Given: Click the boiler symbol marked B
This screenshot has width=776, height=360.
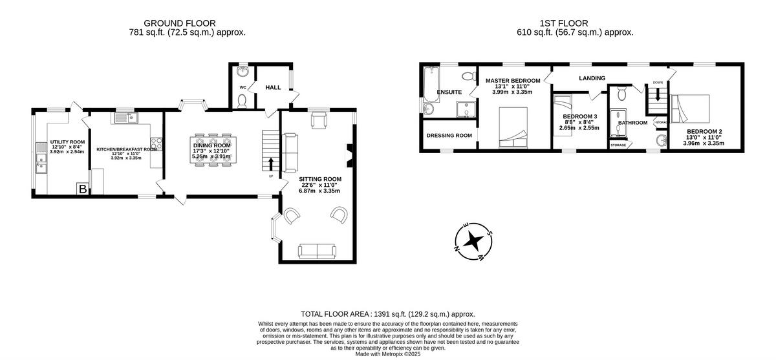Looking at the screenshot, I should click(x=83, y=189).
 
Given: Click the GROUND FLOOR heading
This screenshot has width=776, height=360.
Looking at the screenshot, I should click(x=179, y=23).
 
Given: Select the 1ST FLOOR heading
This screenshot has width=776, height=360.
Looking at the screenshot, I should click(x=575, y=23).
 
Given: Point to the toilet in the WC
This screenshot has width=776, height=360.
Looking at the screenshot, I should click(x=242, y=100).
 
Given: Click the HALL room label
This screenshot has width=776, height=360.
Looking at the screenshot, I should click(x=273, y=87).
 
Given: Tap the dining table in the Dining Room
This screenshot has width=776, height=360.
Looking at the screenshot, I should click(x=212, y=152).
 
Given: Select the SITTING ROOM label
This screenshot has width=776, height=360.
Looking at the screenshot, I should click(x=319, y=178).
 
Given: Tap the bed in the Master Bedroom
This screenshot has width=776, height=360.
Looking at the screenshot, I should click(x=514, y=127).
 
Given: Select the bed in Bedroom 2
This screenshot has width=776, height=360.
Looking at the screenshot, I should click(x=691, y=109).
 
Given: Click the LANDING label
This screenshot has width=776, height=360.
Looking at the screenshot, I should click(x=592, y=78).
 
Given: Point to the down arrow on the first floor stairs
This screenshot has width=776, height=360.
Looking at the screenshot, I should click(x=658, y=94).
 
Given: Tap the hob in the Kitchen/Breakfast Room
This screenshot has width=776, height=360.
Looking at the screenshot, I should click(x=156, y=144).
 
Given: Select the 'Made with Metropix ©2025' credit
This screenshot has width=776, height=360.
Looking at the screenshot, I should click(x=387, y=354).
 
